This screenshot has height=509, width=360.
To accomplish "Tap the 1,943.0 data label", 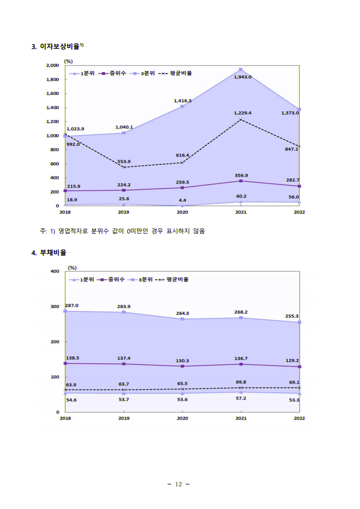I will (x=242, y=77).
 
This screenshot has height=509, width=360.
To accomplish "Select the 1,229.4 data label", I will (x=242, y=113).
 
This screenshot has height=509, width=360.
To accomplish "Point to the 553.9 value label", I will (x=123, y=162).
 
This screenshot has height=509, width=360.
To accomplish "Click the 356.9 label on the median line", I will (x=240, y=175).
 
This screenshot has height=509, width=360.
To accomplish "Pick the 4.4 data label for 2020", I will (x=182, y=200).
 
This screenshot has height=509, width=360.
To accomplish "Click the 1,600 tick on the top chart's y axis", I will (x=53, y=94).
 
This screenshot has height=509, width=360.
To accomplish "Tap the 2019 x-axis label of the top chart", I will (x=123, y=212).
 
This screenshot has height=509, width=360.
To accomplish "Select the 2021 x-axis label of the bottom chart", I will (x=241, y=418).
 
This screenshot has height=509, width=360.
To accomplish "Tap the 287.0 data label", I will (x=72, y=306).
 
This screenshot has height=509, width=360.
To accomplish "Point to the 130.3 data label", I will (x=182, y=361).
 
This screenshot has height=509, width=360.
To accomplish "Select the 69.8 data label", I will (x=241, y=382).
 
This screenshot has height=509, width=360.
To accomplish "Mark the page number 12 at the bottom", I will (x=178, y=484).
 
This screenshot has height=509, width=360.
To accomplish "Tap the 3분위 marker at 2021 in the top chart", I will (x=241, y=69).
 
